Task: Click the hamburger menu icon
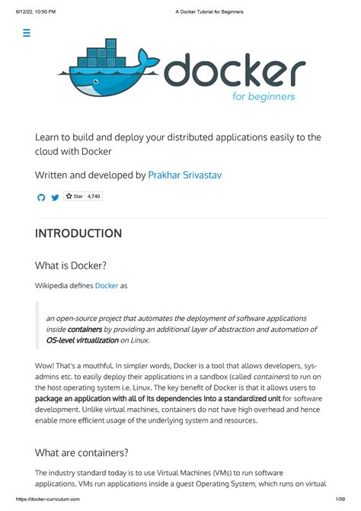pyautogui.click(x=27, y=33)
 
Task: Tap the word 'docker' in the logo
pyautogui.click(x=235, y=72)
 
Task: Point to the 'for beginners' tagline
pyautogui.click(x=264, y=97)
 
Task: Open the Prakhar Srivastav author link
pyautogui.click(x=185, y=175)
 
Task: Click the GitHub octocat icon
pyautogui.click(x=42, y=198)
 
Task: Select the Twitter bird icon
pyautogui.click(x=55, y=198)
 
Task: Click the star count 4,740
pyautogui.click(x=94, y=197)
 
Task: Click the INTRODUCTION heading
pyautogui.click(x=78, y=233)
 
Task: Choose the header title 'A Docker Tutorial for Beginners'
pyautogui.click(x=210, y=10)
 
